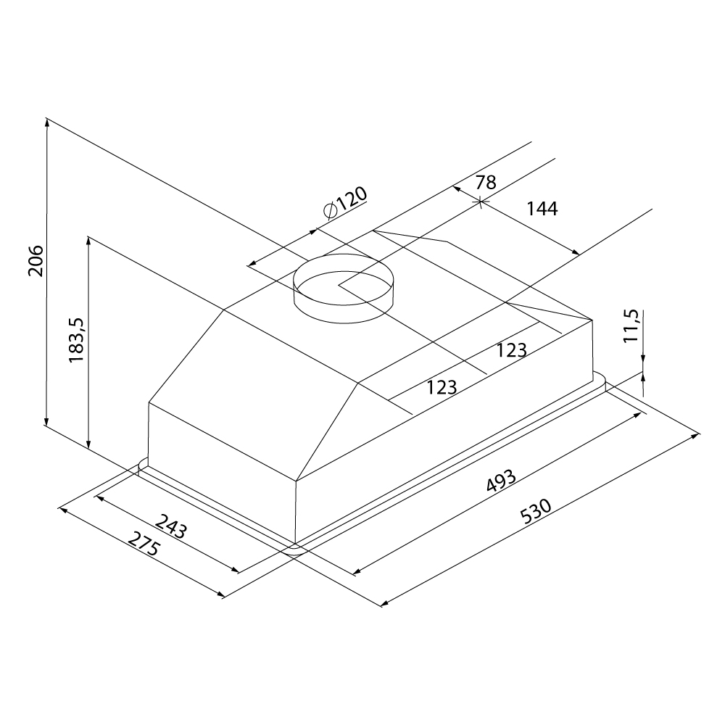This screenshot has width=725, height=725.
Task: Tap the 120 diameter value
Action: coord(352,199)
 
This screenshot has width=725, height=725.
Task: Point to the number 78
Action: coord(485,182)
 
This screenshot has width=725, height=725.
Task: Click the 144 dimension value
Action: coord(542,209)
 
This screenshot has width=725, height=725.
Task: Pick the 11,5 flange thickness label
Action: coord(630,326)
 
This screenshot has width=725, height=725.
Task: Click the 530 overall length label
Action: coord(537,509)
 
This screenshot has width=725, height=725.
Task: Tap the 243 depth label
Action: coord(171,528)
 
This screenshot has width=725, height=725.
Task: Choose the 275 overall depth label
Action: coord(144,544)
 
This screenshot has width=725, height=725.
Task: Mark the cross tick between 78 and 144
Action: coord(481,202)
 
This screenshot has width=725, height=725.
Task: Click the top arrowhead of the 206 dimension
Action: coord(47,123)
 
